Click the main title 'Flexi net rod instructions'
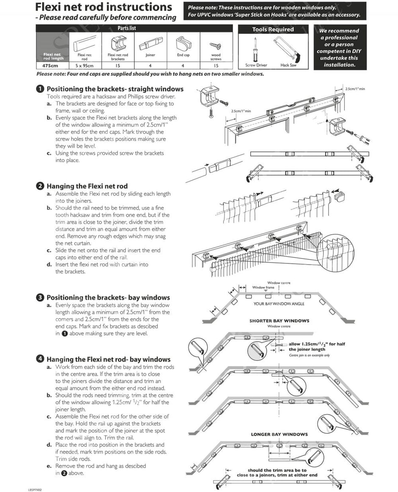(103, 7)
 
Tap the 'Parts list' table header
(127, 28)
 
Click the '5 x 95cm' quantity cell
(84, 66)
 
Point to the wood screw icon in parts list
(216, 45)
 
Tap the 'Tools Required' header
(273, 29)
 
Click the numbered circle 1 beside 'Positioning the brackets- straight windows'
(40, 89)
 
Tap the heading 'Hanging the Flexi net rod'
(87, 186)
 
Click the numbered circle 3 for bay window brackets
(40, 298)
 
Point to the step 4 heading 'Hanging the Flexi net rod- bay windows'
(108, 359)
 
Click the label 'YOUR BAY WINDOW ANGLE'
(279, 304)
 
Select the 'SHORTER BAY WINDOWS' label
(279, 321)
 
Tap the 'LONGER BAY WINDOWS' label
(279, 434)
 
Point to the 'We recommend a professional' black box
(339, 47)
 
